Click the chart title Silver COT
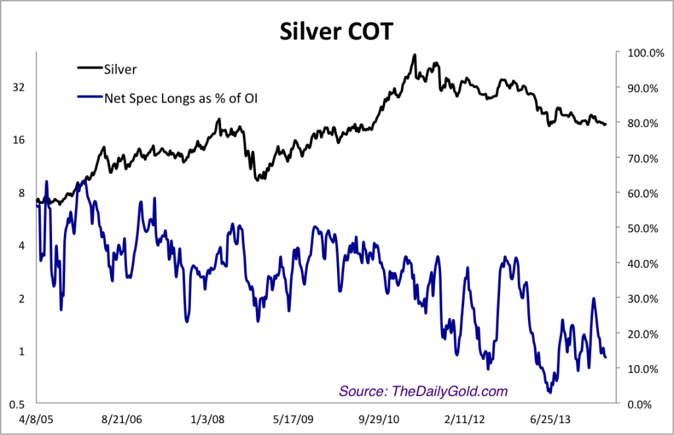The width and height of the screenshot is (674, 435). coord(336,31)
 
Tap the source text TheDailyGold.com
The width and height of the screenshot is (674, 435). coord(423,391)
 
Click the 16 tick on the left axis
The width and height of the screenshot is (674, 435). coord(20,140)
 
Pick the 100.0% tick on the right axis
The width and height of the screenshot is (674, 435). coord(644,53)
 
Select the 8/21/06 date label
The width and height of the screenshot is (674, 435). coord(124,419)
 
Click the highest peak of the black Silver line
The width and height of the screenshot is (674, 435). coord(414,55)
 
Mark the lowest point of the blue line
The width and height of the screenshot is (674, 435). coord(550,392)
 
